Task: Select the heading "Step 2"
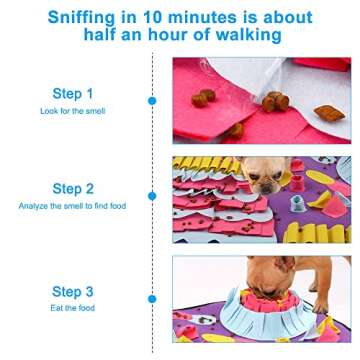pos(73,188)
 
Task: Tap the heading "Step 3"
pos(73,292)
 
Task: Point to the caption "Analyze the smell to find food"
pos(73,205)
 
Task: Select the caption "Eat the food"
pos(73,309)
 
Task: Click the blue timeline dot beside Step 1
pos(152,101)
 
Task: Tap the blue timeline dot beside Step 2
pos(152,197)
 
